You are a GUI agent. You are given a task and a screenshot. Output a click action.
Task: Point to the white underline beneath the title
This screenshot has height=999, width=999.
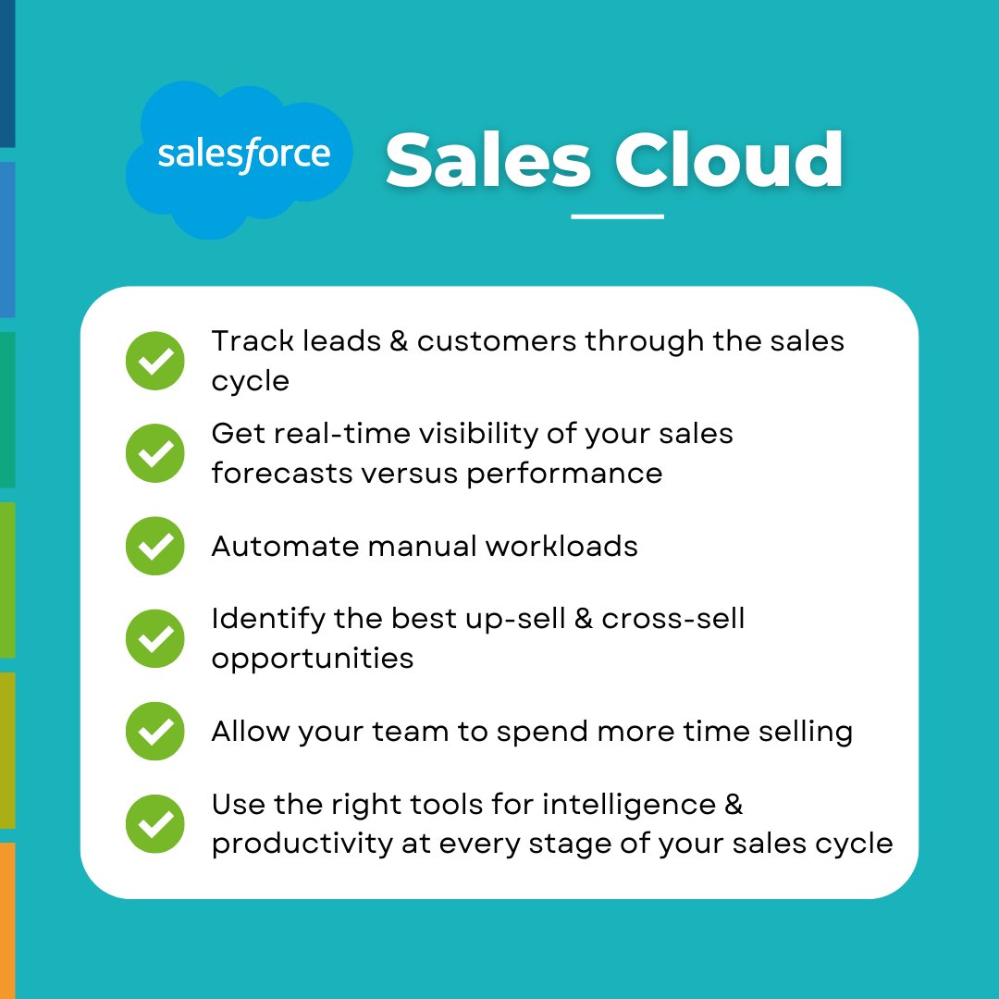(617, 216)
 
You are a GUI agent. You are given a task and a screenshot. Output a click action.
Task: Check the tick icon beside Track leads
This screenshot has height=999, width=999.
(155, 361)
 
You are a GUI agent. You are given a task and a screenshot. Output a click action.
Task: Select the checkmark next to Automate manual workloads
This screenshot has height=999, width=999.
(155, 546)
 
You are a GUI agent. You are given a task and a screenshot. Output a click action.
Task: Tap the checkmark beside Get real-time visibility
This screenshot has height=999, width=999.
(155, 453)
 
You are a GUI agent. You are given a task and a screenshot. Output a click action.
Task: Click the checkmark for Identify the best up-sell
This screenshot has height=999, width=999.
(155, 638)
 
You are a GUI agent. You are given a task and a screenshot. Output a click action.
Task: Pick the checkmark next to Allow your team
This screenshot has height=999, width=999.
(155, 731)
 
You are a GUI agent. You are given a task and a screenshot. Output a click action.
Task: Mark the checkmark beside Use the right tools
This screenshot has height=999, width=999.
(155, 823)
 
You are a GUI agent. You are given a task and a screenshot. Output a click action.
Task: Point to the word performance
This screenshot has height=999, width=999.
(564, 475)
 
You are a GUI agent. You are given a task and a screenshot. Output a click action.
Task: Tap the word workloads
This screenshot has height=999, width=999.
(562, 546)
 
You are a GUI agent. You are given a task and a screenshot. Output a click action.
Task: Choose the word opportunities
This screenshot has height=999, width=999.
(312, 660)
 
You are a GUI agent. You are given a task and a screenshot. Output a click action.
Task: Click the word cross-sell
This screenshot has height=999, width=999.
(672, 618)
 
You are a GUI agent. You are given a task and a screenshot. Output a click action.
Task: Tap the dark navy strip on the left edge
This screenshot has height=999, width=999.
(7, 74)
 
